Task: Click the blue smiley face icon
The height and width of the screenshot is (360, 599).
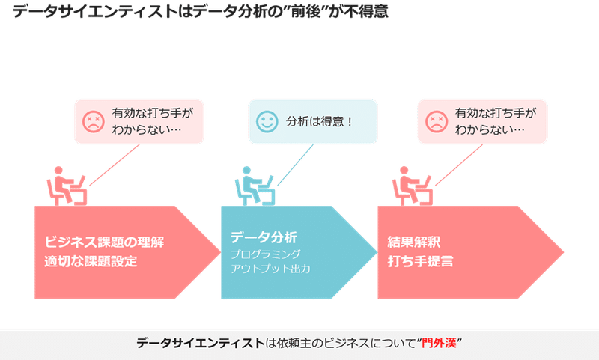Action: (267, 122)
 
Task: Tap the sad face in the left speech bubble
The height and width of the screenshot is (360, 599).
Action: (93, 122)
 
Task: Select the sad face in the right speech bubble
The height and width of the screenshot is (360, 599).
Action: (437, 122)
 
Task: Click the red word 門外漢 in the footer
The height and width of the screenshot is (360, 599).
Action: (439, 343)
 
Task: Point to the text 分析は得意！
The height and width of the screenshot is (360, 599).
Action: (319, 122)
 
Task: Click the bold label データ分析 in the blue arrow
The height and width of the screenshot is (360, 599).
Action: (264, 237)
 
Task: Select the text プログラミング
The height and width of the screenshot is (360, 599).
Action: (266, 254)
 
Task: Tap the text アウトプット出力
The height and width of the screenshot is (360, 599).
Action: (270, 269)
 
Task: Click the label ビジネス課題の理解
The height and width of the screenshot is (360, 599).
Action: (104, 242)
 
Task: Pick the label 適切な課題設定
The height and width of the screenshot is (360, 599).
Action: (91, 261)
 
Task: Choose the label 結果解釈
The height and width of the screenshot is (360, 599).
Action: (414, 242)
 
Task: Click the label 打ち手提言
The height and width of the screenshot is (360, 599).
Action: (420, 261)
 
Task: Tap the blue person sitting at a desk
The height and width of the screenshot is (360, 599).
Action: (255, 186)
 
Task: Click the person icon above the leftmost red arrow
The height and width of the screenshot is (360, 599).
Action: (67, 186)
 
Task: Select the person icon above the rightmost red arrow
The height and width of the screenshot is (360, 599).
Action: (413, 186)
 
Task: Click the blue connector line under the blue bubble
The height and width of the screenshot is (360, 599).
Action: (295, 165)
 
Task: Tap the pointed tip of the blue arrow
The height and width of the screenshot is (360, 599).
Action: (377, 252)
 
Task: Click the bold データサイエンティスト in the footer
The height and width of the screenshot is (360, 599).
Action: (201, 343)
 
